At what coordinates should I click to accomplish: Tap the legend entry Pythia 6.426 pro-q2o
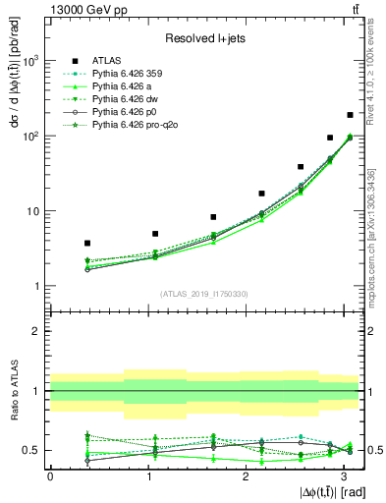click(129, 126)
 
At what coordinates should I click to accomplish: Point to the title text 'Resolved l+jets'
click(202, 37)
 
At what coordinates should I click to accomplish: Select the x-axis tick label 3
click(344, 475)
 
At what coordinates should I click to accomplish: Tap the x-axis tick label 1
click(147, 475)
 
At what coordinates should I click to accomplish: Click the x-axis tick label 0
click(50, 475)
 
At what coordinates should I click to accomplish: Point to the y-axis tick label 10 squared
click(33, 136)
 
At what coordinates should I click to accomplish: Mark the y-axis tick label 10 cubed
click(33, 61)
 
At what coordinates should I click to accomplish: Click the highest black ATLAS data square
click(350, 115)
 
